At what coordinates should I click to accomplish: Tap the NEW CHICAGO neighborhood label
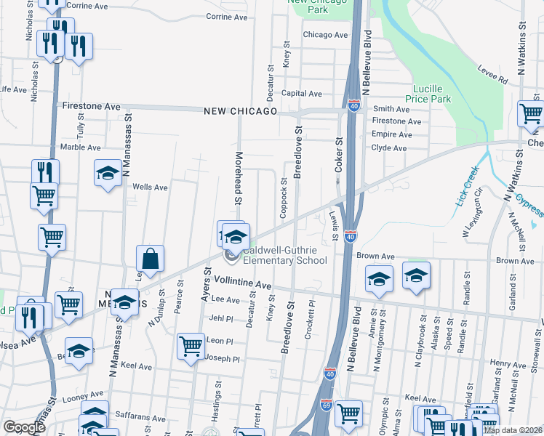coord(240,111)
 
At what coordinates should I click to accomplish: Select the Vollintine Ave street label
coord(243,285)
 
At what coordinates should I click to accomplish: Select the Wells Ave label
coord(150,187)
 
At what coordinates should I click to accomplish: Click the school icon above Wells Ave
coord(108,173)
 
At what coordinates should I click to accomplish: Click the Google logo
coord(24,427)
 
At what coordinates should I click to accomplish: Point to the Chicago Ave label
coord(325,34)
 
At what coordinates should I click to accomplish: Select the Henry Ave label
coord(503,363)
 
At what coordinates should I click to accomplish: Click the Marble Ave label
coord(81,147)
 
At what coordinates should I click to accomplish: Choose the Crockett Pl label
coord(311,314)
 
